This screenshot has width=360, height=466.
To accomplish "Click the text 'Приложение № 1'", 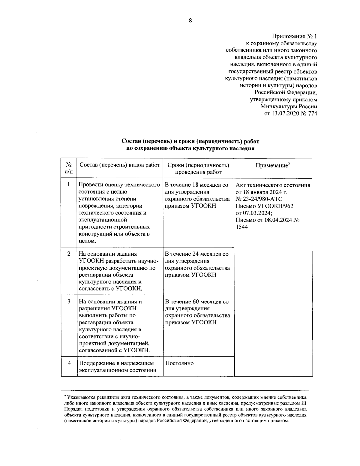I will click(294, 37).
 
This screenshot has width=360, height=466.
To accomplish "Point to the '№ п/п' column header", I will click(69, 168).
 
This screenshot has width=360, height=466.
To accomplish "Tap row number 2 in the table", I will click(69, 254).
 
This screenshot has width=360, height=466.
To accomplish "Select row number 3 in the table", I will click(69, 301).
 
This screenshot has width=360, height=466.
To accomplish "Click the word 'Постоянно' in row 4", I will click(179, 363).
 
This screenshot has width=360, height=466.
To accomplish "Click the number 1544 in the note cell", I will click(242, 227).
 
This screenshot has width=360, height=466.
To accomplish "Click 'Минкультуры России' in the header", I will click(289, 107).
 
